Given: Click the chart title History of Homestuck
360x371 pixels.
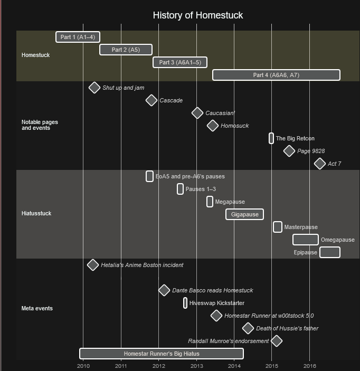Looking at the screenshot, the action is coord(197,15).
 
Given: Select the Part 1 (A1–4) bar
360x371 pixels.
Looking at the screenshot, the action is coord(78,37).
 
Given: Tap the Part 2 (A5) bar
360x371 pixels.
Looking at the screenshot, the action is coord(126,50).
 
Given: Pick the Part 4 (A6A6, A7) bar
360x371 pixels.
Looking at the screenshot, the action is coord(276,75).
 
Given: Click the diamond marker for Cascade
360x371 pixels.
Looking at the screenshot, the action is coord(151,100).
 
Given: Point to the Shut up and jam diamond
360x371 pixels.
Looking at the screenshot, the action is coord(94,88).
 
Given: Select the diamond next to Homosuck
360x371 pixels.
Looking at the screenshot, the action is coord(213,126).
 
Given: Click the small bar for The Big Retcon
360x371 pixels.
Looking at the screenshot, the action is coord(271,138).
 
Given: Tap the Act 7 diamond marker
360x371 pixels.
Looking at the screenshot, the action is coord(320,164).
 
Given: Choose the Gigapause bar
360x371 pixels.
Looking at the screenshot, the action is coord(244,214).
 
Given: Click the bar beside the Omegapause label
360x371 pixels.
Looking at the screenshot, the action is coord(305,240).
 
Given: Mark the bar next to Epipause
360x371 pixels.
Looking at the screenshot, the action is coord(330,252).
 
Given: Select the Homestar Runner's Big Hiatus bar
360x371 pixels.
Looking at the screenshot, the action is coord(162,354).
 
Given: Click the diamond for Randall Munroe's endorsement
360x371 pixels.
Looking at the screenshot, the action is coord(277,341).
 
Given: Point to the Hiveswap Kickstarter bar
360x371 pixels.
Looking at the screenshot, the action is coord(185,303).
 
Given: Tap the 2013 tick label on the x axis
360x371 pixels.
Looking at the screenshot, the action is coord(196,366).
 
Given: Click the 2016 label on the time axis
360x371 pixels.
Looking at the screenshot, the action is coord(309,366).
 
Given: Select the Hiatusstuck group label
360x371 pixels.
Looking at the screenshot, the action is coord(36,213).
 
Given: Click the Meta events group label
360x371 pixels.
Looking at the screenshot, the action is coord(37,308).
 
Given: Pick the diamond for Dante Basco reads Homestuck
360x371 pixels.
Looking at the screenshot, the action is coord(164,290).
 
